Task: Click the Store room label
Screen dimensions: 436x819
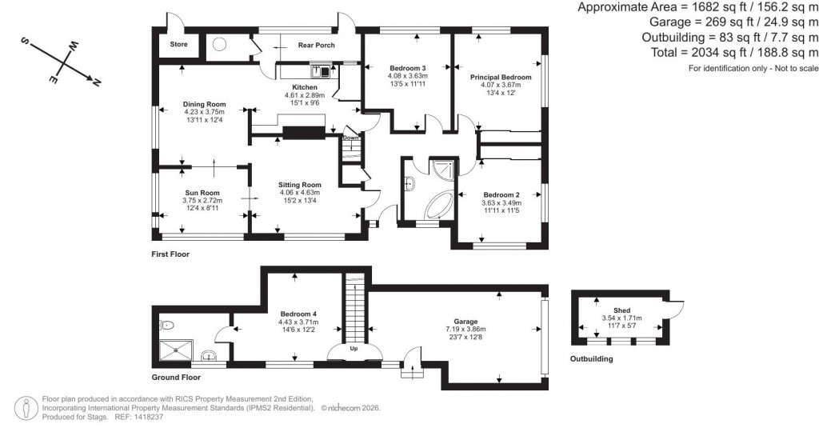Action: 178,44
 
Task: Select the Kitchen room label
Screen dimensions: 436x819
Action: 304,87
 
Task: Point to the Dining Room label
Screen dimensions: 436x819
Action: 204,104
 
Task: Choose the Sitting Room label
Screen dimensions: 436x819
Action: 299,185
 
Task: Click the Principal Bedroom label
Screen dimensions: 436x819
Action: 501,78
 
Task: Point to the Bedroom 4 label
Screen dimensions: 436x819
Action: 298,314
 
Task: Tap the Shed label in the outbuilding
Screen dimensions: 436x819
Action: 621,310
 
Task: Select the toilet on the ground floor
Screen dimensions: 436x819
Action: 166,326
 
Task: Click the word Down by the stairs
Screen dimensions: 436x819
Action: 350,138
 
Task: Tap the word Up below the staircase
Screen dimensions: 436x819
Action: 354,349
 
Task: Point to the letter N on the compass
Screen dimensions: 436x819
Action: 96,82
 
